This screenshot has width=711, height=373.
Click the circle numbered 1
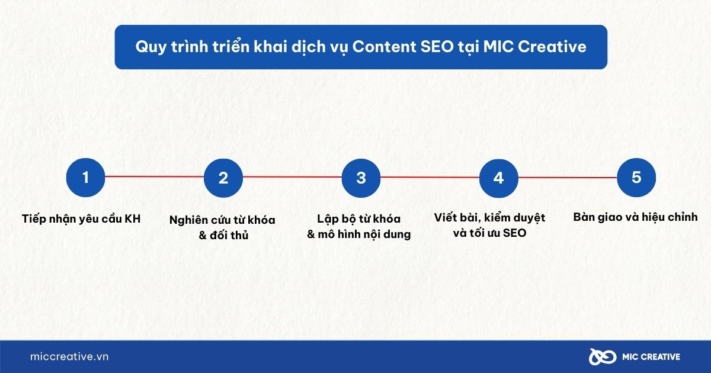[85, 177]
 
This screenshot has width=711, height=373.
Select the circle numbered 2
[223, 178]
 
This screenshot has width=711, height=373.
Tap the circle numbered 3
[361, 178]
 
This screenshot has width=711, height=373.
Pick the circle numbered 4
[498, 178]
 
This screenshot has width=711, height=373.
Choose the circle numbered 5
[636, 177]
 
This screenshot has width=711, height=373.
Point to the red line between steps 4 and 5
[567, 177]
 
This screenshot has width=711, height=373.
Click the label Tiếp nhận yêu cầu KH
[81, 218]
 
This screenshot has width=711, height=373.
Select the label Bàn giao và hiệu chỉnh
[635, 217]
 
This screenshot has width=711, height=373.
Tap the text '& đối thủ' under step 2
[223, 236]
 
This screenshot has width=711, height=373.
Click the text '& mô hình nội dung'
[358, 234]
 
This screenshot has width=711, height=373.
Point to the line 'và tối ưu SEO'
[489, 233]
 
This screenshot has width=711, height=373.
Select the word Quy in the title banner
[148, 47]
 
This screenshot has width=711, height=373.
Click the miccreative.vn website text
[69, 356]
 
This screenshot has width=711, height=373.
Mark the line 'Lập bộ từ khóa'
[358, 219]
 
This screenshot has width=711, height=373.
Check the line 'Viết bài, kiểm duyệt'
[489, 217]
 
